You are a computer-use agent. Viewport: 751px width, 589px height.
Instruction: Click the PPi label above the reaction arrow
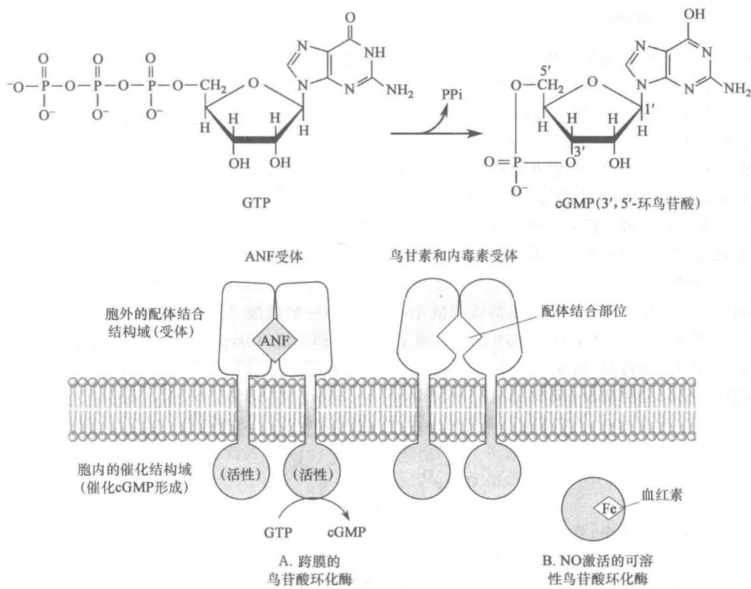[452, 95]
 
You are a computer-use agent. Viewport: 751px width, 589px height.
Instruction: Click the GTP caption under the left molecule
[256, 203]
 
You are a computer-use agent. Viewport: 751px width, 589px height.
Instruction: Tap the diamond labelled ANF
[275, 341]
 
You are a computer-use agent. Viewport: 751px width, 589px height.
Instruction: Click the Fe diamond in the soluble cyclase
[610, 508]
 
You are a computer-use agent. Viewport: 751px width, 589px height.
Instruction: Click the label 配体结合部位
[583, 312]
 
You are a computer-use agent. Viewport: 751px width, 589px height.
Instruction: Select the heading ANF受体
[274, 257]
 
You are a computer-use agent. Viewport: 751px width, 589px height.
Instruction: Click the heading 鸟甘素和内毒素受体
[454, 256]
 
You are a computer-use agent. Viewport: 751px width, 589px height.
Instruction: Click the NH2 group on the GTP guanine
[400, 91]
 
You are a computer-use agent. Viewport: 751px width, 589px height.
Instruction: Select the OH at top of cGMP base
[694, 14]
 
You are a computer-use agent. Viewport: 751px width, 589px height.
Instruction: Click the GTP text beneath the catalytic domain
[278, 533]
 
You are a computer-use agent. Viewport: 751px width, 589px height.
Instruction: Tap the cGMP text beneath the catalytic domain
[346, 532]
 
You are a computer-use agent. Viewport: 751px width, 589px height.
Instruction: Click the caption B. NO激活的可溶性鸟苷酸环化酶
[597, 570]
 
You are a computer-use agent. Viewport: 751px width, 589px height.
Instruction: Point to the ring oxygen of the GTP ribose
[253, 83]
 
